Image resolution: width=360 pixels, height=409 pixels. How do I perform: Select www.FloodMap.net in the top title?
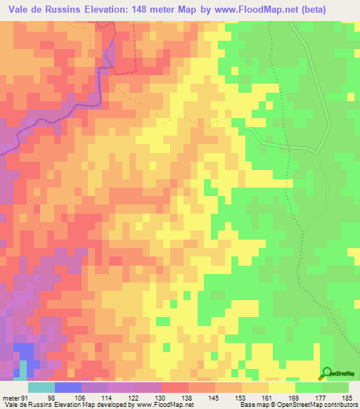(259, 10)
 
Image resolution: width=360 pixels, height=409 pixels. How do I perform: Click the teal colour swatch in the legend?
(41, 387)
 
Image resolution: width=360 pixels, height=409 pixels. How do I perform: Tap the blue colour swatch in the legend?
(67, 387)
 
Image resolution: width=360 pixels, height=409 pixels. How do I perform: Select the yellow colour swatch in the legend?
(281, 387)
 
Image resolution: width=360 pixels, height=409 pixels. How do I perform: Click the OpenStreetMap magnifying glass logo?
(328, 373)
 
